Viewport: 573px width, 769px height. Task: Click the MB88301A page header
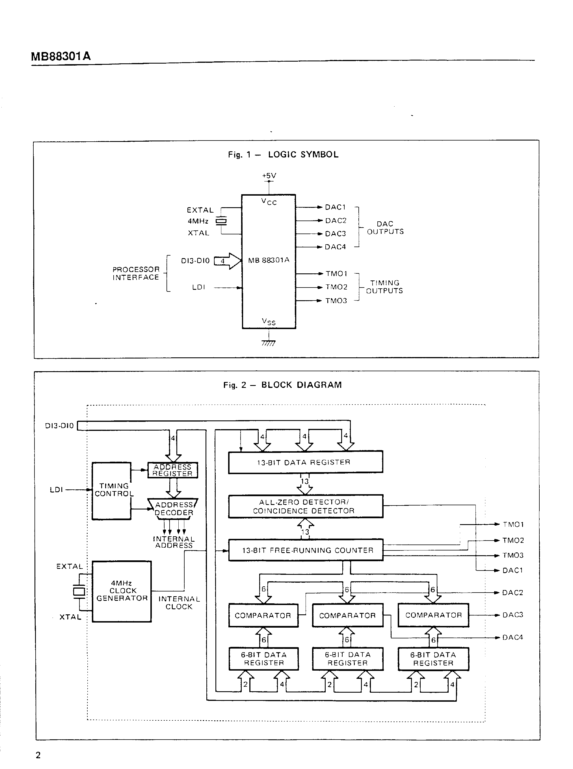point(61,56)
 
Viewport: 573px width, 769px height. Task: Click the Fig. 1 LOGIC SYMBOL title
point(283,154)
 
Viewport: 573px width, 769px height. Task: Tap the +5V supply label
point(269,176)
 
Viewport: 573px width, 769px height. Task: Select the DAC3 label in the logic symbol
point(336,234)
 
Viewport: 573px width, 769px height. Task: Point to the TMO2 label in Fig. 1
point(336,287)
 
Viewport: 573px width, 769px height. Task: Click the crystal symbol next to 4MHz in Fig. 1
point(221,221)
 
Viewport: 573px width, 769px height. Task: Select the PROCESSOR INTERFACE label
point(136,273)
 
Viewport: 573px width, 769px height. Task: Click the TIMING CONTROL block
point(112,491)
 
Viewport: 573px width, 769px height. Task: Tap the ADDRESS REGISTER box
point(173,470)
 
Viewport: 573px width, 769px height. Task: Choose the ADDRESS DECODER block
point(173,509)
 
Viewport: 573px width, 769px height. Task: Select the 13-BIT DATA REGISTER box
point(305,462)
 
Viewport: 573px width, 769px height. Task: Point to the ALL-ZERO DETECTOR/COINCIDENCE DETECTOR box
point(305,506)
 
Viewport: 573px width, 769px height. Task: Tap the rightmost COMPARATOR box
point(433,615)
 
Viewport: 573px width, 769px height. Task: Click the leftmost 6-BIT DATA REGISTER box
point(264,659)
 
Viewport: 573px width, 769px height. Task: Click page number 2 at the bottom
point(38,755)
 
